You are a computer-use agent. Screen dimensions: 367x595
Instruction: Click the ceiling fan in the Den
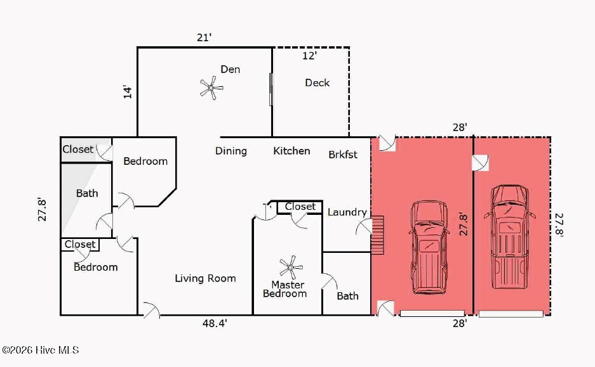tap(211, 88)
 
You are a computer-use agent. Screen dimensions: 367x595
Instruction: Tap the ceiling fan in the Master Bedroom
tap(291, 267)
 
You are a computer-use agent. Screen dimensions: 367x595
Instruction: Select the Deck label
tap(317, 82)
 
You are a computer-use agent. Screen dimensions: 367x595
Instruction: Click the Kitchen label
tap(291, 151)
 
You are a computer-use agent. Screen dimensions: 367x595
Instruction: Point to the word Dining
tap(231, 151)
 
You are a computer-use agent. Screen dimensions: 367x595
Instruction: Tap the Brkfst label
tap(343, 154)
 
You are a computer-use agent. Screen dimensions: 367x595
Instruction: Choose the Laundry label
tap(347, 212)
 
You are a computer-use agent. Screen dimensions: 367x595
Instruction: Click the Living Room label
tap(205, 278)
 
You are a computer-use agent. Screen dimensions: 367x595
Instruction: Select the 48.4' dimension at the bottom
tap(215, 324)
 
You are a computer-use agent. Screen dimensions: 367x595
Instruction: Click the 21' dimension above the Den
tap(204, 37)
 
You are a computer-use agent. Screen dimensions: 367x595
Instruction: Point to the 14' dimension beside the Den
tap(128, 91)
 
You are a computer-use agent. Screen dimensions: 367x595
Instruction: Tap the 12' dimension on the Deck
tap(309, 56)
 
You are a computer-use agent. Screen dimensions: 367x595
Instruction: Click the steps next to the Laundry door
tap(377, 234)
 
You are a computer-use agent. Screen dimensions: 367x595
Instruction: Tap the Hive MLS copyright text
tap(40, 350)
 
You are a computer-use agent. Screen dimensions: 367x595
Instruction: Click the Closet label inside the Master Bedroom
tap(300, 207)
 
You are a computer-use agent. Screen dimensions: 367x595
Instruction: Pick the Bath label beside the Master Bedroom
tap(347, 296)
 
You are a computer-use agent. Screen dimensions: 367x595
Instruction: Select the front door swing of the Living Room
tap(150, 310)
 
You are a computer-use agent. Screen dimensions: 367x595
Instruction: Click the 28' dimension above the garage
tap(459, 127)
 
